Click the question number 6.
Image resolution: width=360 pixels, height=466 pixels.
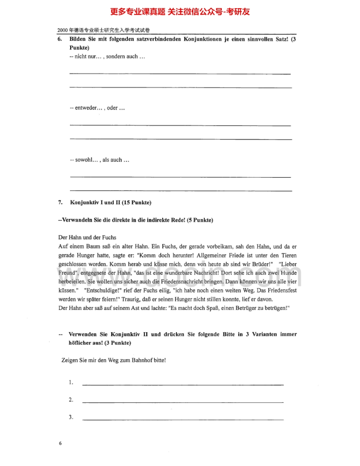point(60,39)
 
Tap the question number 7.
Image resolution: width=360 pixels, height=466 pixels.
point(60,203)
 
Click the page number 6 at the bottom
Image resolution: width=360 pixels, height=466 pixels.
point(60,443)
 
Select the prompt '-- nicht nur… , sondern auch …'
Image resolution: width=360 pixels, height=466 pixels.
point(107,56)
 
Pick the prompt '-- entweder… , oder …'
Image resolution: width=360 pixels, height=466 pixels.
point(97,108)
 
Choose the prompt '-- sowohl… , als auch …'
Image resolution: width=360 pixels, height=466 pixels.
point(99,159)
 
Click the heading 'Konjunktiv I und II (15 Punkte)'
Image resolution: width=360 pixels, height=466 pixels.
point(110,203)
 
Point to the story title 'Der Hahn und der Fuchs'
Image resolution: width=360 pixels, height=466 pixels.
point(87,238)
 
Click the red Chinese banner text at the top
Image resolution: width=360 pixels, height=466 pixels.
point(180,12)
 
